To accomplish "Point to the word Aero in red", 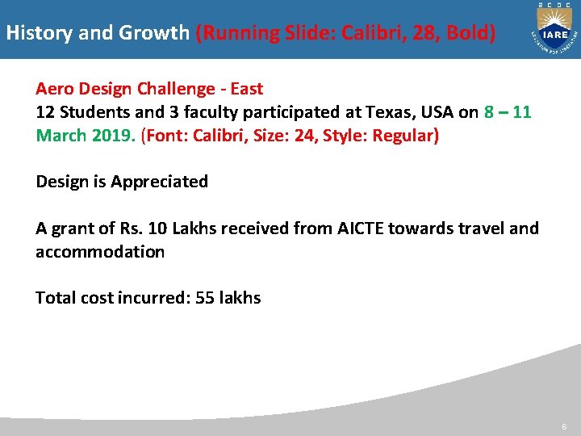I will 53,89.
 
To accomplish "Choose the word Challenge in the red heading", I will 164,89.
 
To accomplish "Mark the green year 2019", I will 111,135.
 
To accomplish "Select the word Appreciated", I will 159,182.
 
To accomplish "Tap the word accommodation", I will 100,252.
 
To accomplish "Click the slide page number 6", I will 564,426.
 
